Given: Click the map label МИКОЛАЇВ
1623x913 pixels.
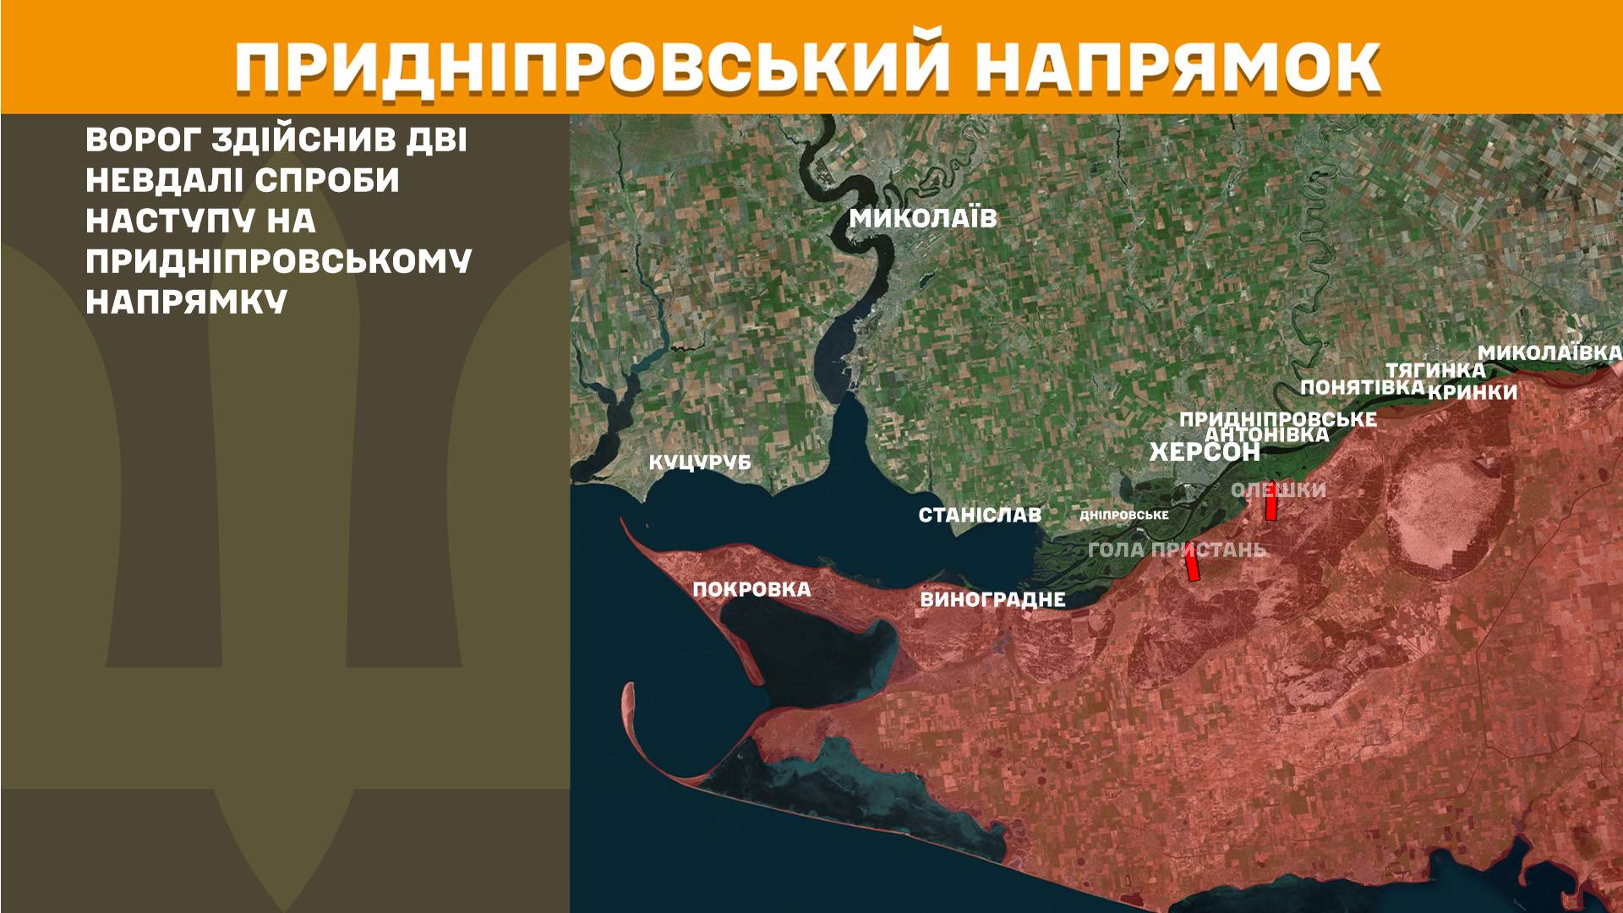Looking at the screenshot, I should click(922, 219).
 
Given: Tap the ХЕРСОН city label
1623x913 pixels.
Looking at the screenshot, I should click(1205, 452).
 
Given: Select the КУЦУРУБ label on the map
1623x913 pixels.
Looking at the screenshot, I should click(699, 463).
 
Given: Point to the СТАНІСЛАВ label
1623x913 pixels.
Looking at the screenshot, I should click(980, 515).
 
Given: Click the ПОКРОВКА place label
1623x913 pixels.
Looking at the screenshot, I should click(751, 589).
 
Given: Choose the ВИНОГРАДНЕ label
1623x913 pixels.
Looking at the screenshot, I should click(992, 600).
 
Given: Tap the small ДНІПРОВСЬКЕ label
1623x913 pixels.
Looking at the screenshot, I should click(1124, 515).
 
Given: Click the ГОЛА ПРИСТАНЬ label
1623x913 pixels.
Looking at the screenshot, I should click(1177, 549).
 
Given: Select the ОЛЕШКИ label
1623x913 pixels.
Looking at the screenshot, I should click(1278, 490).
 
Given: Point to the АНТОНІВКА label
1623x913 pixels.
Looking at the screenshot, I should click(1266, 435).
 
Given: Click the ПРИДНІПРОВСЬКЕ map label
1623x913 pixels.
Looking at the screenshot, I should click(1277, 419).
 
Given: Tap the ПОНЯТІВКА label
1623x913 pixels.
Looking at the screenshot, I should click(1362, 387).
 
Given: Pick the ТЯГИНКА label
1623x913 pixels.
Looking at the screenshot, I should click(1434, 370).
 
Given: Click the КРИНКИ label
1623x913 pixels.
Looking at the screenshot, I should click(1473, 392).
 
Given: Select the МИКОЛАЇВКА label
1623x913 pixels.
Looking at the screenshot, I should click(1549, 353).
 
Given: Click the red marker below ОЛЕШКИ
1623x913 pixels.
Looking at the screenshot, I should click(1271, 506).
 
